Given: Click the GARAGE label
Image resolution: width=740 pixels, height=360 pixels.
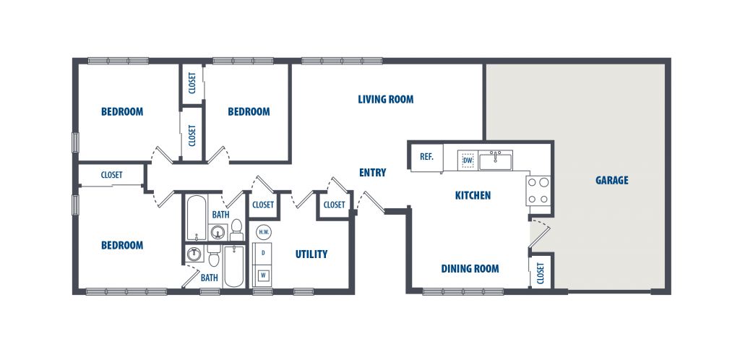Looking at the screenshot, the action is pos(611,180).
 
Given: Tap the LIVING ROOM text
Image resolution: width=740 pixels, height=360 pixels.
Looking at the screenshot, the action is pos(386,100).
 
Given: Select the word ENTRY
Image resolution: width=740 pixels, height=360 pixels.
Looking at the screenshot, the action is pos(372,173).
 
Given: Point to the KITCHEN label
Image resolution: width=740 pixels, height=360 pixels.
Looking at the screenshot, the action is pos(473,195).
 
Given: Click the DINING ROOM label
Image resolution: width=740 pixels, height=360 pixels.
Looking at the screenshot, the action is pos(470,269).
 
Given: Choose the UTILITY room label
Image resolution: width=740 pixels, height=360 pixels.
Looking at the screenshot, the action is pos(311,254).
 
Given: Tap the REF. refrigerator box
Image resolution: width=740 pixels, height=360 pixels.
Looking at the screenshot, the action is pos(426,157).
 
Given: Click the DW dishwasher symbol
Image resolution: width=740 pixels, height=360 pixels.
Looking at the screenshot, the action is pos(468,160).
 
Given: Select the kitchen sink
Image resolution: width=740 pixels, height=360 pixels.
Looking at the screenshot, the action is pos(496,160).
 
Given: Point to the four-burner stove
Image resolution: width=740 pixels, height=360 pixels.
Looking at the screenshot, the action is pos(538,191).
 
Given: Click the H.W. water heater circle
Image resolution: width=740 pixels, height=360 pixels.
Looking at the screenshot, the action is pos(263,232).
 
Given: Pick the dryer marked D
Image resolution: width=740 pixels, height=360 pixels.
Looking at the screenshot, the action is pos(263,253).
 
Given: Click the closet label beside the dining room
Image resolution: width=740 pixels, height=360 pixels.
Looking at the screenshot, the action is pos(541,273).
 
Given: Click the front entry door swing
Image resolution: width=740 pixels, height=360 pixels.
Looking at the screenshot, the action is pos(371,201).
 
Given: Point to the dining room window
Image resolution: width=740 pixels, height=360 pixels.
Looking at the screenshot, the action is pos(463,291).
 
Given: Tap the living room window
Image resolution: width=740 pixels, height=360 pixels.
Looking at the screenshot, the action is pos(342,61).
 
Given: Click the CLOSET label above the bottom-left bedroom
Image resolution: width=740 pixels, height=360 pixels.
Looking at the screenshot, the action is pos(112,175).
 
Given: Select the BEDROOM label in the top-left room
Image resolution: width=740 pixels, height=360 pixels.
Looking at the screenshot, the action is pos(122,112).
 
